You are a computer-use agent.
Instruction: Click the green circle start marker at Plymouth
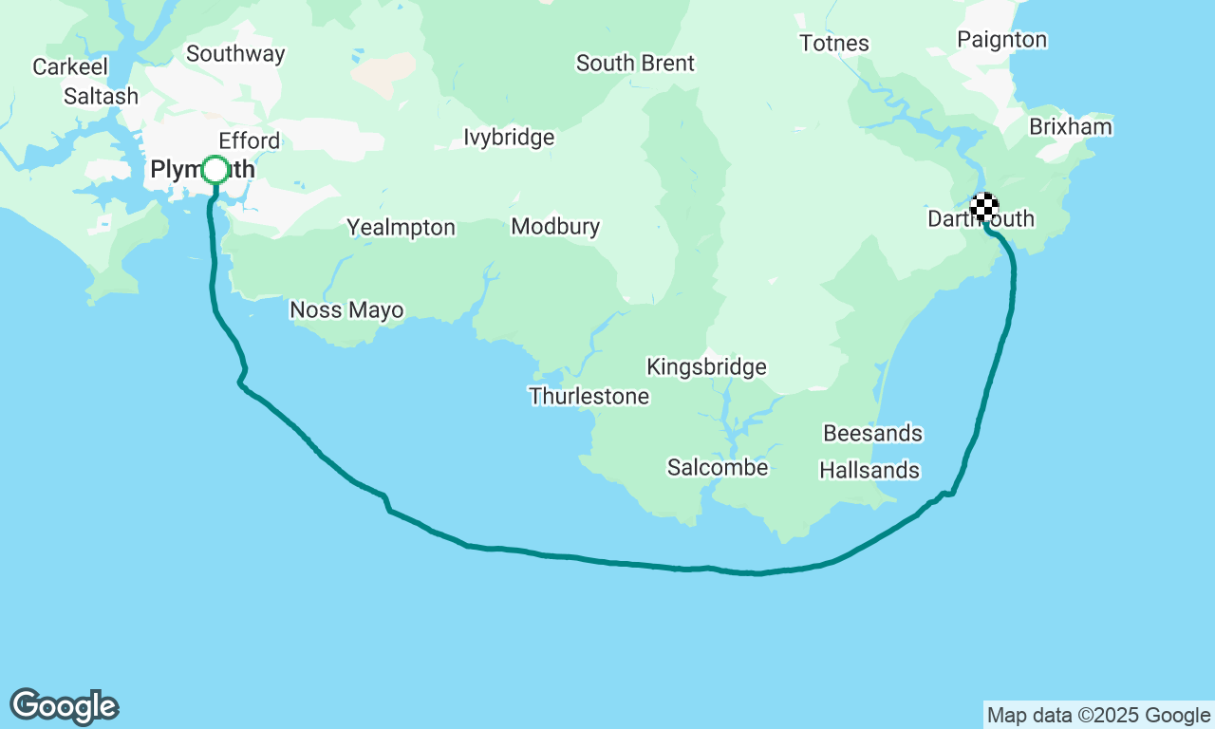[215, 170]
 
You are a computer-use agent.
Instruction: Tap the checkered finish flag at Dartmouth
[984, 206]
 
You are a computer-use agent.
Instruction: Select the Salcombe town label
[717, 467]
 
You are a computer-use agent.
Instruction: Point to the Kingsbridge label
[706, 367]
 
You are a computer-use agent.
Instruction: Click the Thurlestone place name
[589, 397]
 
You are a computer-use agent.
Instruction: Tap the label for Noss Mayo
[346, 310]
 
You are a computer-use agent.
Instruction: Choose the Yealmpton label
[401, 228]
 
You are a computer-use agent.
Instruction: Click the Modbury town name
[555, 227]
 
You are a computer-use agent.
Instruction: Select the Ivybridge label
[509, 138]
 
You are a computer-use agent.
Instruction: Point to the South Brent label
[635, 64]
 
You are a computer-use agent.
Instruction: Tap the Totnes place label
[833, 44]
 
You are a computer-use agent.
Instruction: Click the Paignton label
[1001, 40]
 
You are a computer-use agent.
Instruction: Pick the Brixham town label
[1071, 127]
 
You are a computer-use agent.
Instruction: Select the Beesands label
[872, 434]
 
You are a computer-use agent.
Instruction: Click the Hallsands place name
[869, 471]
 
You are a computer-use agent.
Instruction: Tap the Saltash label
[101, 97]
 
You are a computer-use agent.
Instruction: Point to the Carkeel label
[70, 67]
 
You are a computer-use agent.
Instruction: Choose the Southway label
[235, 54]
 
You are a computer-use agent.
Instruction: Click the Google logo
[65, 707]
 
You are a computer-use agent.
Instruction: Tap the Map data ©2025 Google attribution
[1098, 716]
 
